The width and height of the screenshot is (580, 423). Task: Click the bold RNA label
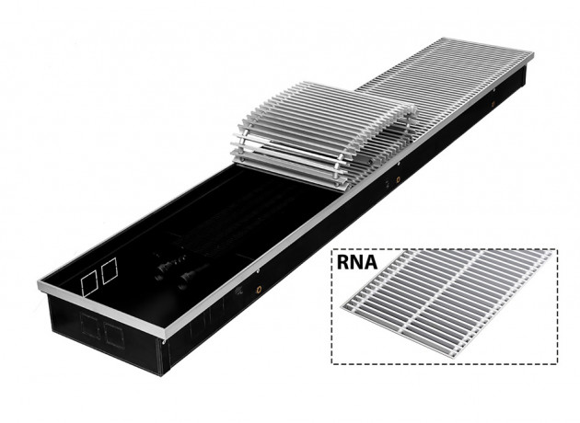pos(356,261)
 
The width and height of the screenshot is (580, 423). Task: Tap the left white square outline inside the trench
pos(89,283)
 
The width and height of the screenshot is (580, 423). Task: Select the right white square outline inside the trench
pos(110,270)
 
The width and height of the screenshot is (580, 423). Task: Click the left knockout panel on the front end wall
pos(90,326)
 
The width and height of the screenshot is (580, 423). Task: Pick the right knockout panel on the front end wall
pos(114,336)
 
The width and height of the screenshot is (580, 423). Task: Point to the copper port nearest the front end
pos(259,290)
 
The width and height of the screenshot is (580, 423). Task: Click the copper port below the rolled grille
pos(399,180)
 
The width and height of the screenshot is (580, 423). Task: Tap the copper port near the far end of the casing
pos(493,104)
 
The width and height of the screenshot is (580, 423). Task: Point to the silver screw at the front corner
pos(163,342)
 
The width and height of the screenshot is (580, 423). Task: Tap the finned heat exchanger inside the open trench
pos(237,222)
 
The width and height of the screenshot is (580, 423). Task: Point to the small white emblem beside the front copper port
pos(239,291)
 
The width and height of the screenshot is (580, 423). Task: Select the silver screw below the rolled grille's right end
pos(400,164)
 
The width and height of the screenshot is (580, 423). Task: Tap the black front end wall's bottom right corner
pos(160,375)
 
